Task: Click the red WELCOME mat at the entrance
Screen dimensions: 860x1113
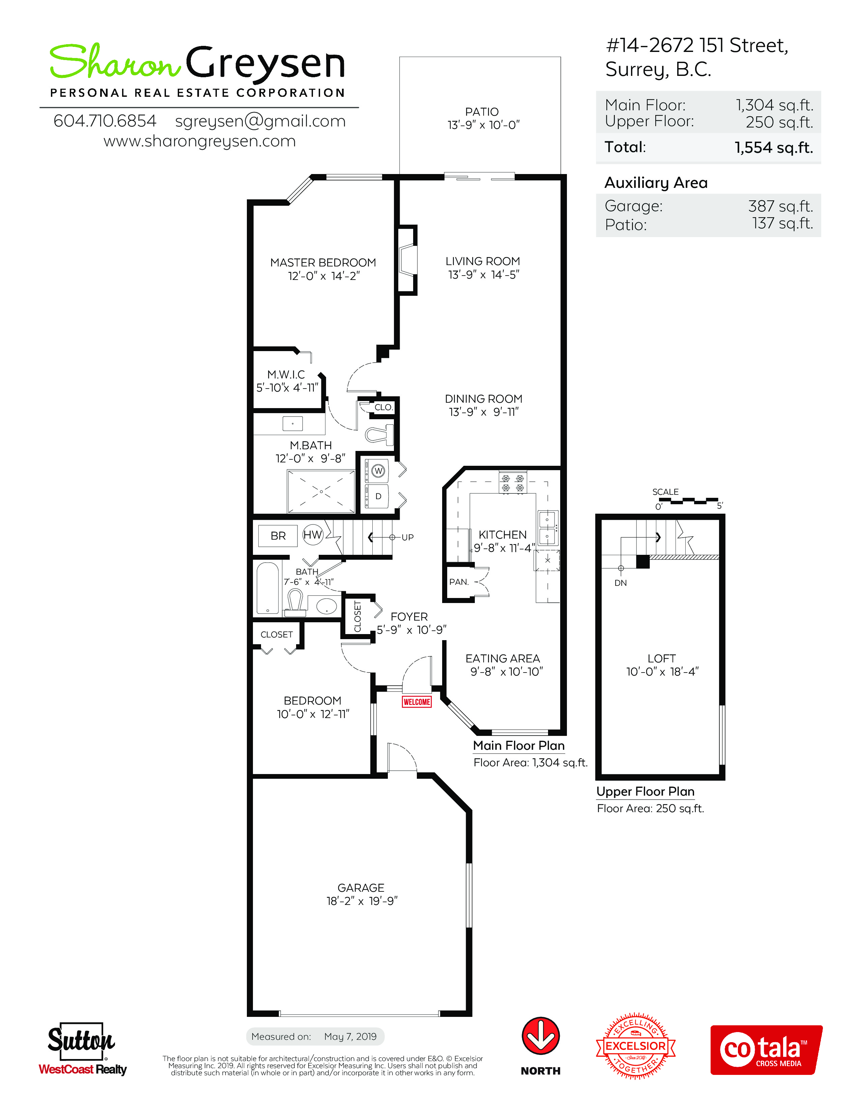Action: pos(417,702)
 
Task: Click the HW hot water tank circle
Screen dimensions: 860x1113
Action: pos(313,535)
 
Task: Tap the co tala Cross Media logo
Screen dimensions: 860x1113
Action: pos(766,1050)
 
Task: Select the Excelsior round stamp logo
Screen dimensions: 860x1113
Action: pos(636,1046)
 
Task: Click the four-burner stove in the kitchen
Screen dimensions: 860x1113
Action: pos(513,483)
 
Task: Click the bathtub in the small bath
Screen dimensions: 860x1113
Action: pos(267,588)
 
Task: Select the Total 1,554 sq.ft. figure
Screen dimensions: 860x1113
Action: pos(773,147)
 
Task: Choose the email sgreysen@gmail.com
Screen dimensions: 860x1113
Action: pos(260,121)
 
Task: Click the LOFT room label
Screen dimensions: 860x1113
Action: pos(661,658)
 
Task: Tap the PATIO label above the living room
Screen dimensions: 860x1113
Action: pos(482,112)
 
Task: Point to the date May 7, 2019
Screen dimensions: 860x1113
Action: pos(350,1036)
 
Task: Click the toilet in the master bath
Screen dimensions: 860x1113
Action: pos(379,435)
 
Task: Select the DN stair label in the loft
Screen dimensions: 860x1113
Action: pos(621,582)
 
